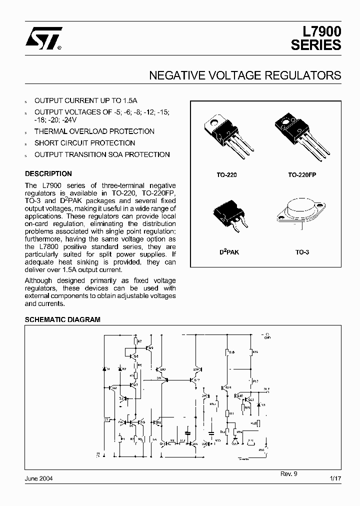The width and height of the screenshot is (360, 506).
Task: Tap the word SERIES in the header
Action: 316,45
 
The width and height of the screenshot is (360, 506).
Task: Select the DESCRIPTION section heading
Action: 48,174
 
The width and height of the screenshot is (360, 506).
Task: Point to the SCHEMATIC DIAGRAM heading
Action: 62,319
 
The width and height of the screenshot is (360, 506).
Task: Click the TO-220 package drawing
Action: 226,135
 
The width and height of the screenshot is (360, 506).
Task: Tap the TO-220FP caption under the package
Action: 302,175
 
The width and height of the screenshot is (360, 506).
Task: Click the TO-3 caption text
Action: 302,252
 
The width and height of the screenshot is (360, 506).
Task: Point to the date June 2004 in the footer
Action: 39,478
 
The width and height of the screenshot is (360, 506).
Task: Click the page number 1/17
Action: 335,478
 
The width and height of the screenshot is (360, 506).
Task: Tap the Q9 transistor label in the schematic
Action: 151,347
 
